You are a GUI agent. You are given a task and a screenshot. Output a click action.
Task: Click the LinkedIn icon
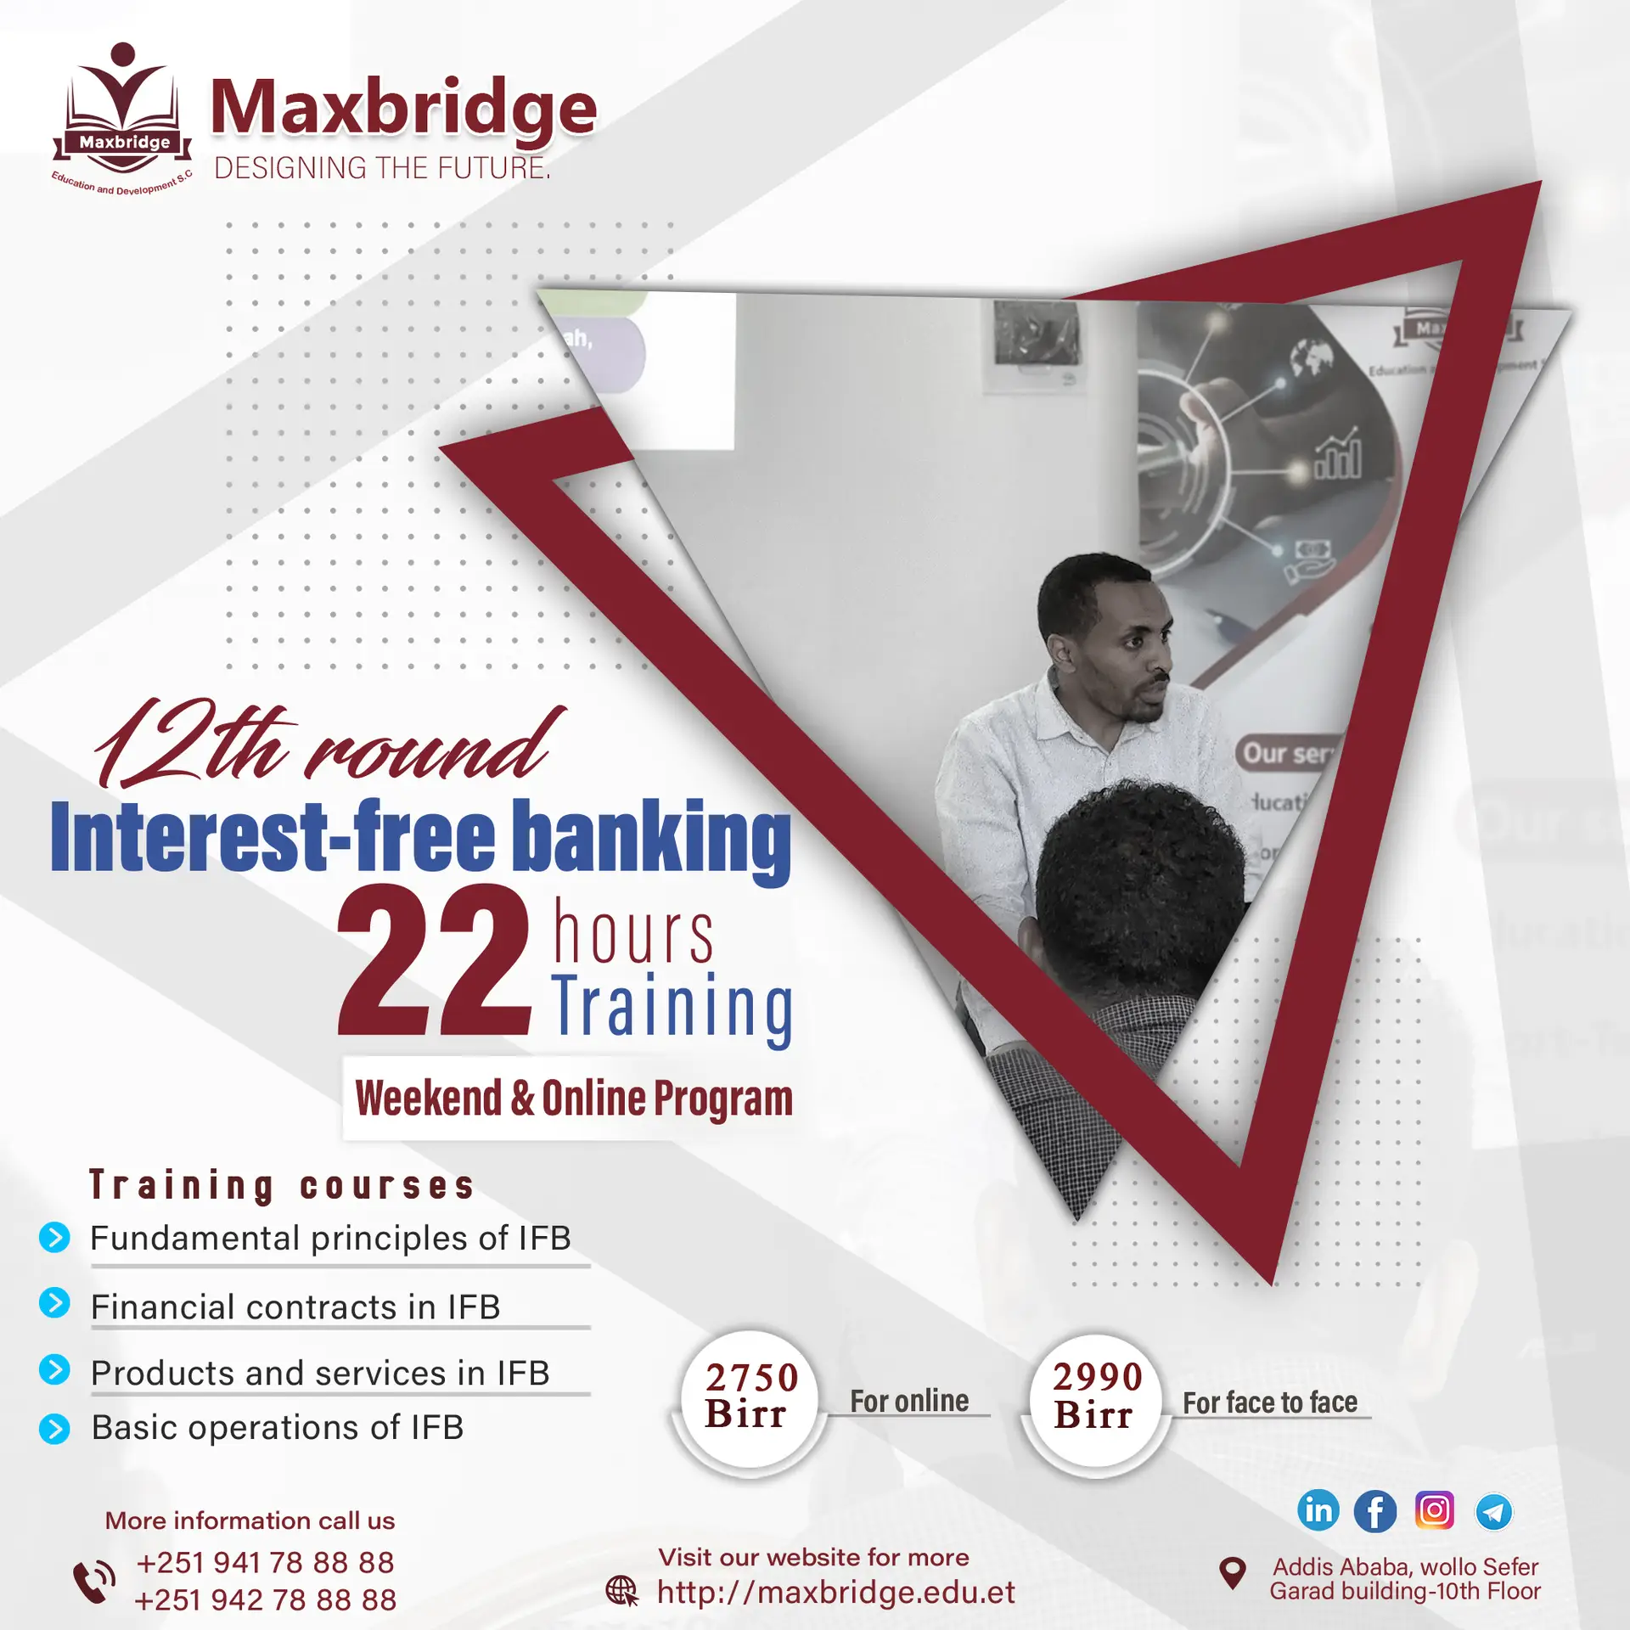pos(1318,1510)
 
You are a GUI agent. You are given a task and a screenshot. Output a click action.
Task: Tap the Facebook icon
pos(1375,1511)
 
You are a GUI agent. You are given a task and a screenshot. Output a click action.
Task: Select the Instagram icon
pos(1435,1510)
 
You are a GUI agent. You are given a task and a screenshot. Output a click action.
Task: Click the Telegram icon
pos(1493,1511)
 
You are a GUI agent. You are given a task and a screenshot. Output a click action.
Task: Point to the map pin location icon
pos(1232,1573)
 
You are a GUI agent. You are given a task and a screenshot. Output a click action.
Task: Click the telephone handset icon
pos(93,1581)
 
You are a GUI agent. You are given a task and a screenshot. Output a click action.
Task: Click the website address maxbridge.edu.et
pos(835,1593)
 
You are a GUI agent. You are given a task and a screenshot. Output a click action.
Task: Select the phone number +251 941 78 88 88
pos(265,1562)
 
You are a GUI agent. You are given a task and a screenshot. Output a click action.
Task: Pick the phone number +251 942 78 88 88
pos(265,1600)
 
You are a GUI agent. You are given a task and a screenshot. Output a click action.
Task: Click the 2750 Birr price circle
pos(750,1398)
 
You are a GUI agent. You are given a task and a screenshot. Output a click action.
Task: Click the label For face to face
pos(1270,1402)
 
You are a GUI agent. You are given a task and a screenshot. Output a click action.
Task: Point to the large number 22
pos(434,959)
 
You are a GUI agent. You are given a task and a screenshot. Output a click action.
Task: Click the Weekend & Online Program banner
pos(573,1098)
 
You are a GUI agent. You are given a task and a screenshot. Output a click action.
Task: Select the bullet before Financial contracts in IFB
pos(54,1302)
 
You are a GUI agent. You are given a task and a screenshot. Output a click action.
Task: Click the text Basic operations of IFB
pos(278,1427)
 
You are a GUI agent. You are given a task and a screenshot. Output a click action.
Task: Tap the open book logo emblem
pos(123,115)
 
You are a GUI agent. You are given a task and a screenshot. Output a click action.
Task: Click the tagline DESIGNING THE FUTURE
pos(382,168)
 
